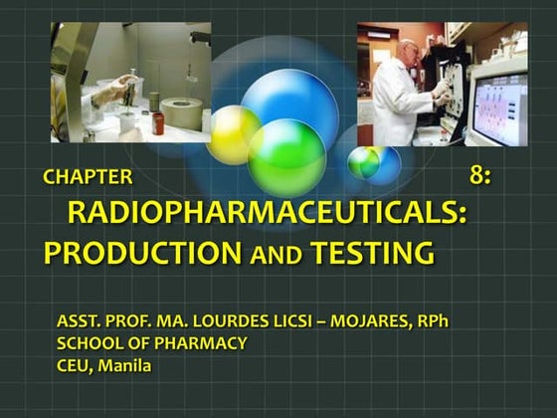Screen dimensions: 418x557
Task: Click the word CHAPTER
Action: tap(88, 178)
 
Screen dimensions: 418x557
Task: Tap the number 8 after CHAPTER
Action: tap(479, 176)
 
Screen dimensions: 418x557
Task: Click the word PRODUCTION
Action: tap(141, 253)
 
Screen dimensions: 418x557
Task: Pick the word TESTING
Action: tap(372, 253)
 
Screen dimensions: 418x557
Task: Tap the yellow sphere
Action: tap(235, 134)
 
